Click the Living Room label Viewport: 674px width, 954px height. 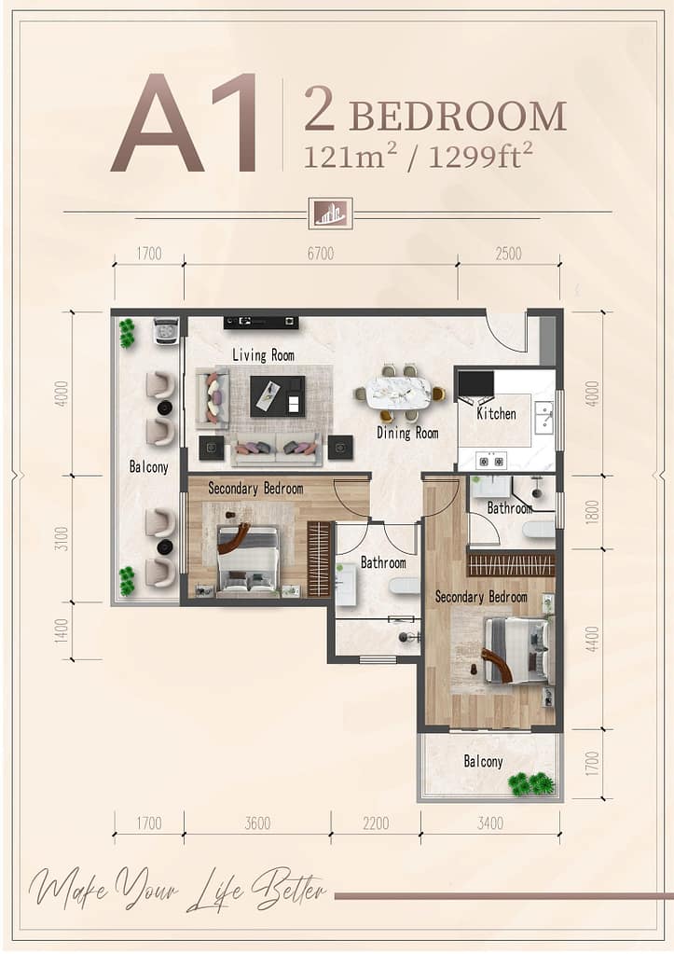[x=264, y=354]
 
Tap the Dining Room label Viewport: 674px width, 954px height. [x=407, y=434]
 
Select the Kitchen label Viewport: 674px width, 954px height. [x=496, y=414]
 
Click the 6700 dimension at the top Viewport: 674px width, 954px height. [x=321, y=253]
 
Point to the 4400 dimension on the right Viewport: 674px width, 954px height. [x=592, y=639]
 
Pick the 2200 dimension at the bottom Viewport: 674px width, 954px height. [x=376, y=823]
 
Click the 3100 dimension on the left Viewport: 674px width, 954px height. [x=62, y=538]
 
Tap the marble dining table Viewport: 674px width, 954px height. [x=401, y=393]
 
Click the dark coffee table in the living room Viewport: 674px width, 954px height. [x=278, y=396]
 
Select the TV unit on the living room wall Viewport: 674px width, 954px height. [x=261, y=322]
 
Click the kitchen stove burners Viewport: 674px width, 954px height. [x=492, y=462]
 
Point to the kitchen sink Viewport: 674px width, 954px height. [x=543, y=418]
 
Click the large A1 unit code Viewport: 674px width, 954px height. [x=185, y=123]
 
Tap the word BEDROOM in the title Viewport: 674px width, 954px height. [x=459, y=117]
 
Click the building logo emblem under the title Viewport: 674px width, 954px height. [x=330, y=214]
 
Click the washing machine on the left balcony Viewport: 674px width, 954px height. [x=166, y=332]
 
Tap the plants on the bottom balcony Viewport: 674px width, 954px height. [x=532, y=784]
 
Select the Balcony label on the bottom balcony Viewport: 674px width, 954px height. [x=484, y=761]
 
